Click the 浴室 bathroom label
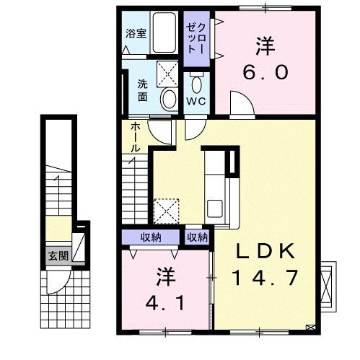[136, 32]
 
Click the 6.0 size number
[267, 71]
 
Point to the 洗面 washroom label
[144, 89]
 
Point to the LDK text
[267, 252]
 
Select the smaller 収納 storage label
[198, 237]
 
